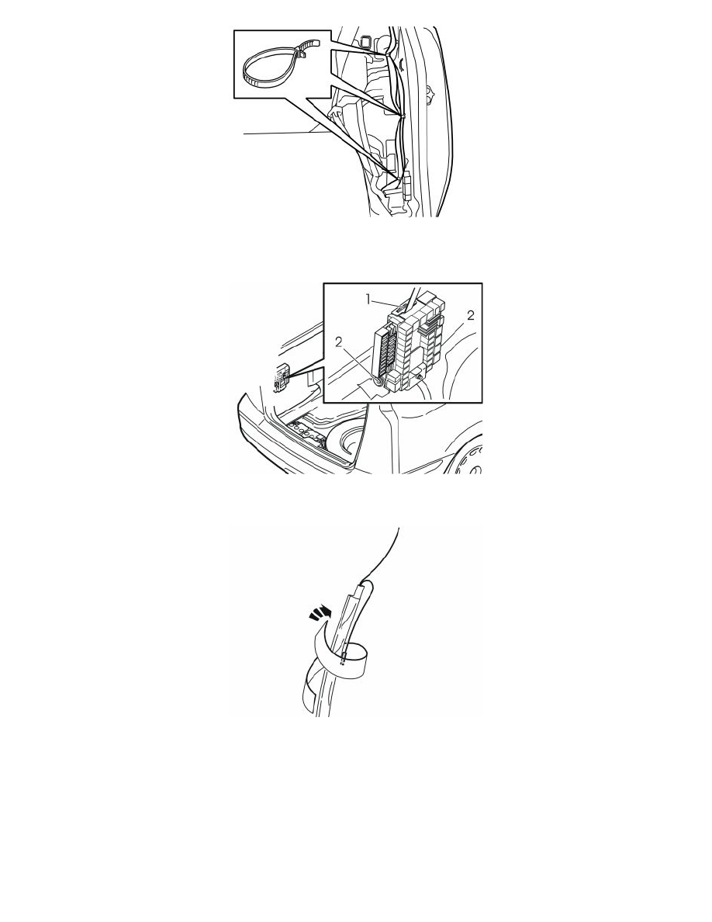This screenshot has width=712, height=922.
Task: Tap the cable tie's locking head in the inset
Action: [x=302, y=52]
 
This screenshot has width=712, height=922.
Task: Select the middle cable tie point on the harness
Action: [x=403, y=115]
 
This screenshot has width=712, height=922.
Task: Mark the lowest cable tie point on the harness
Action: [x=399, y=175]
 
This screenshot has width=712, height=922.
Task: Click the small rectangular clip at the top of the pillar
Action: [x=365, y=41]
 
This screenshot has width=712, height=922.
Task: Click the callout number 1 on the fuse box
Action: [x=369, y=300]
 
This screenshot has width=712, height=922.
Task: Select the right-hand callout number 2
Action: [x=471, y=316]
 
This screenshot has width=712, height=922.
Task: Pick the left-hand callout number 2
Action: [x=338, y=341]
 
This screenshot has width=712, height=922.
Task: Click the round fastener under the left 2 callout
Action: [x=378, y=382]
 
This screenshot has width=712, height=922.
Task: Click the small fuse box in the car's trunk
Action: [x=280, y=376]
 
